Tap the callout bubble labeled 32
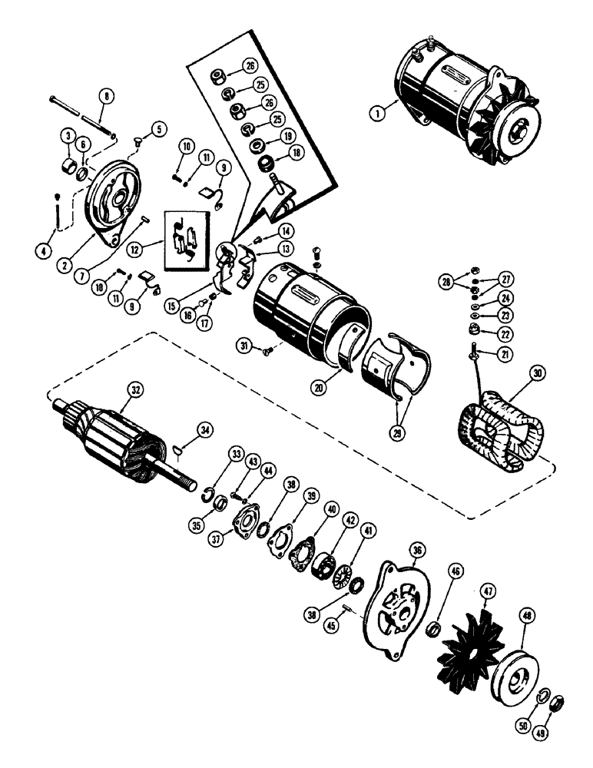point(136,389)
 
